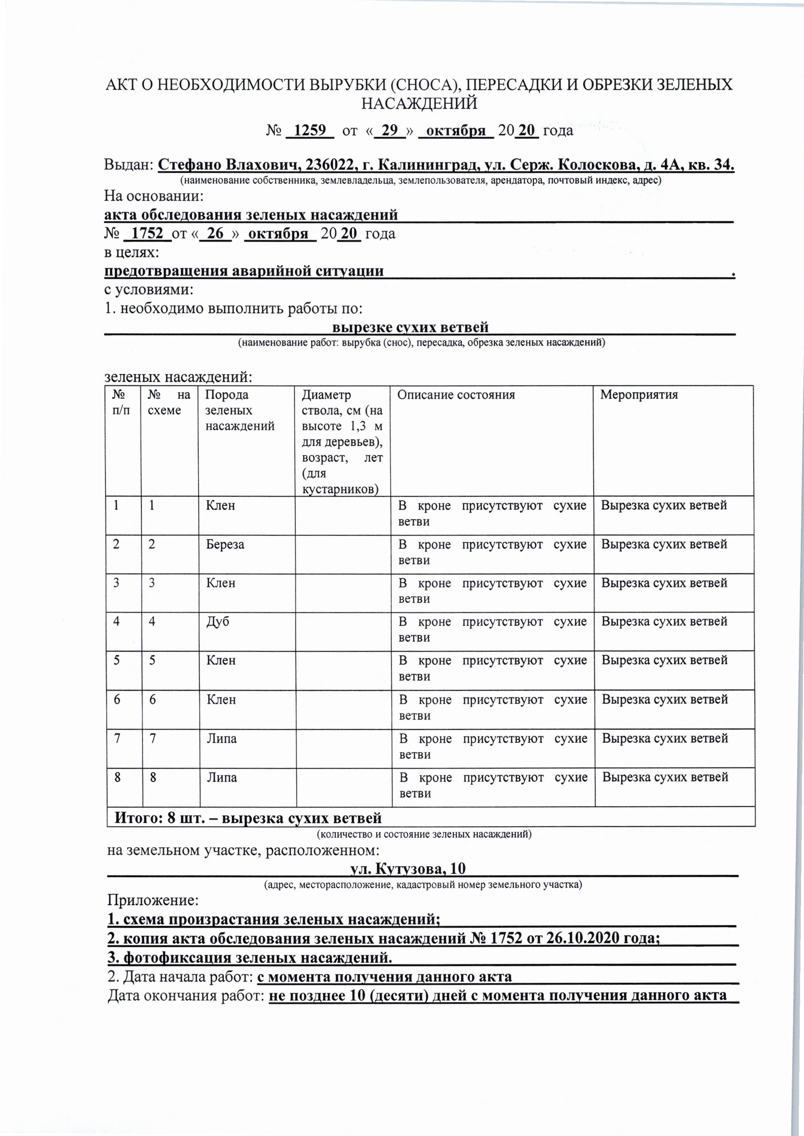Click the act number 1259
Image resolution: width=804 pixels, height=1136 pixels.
[x=310, y=130]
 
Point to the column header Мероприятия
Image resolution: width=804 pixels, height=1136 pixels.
[x=639, y=395]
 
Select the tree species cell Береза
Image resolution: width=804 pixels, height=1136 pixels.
[x=225, y=544]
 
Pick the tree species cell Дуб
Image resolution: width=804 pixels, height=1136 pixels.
[x=217, y=622]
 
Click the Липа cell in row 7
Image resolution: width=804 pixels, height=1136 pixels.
[x=221, y=738]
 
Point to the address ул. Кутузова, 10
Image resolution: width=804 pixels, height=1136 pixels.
[x=407, y=869]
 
